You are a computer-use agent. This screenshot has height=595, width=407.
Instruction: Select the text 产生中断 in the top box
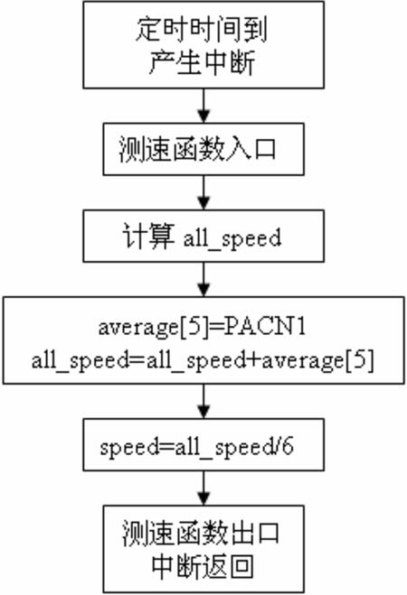(202, 62)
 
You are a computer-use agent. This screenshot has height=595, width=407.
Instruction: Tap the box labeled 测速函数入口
(203, 149)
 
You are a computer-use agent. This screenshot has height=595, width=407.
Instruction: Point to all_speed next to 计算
(232, 238)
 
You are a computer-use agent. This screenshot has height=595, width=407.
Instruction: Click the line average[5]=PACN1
(202, 327)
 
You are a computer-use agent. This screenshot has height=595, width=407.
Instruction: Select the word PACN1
(264, 326)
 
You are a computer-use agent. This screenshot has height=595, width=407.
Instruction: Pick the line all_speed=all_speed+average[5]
(203, 360)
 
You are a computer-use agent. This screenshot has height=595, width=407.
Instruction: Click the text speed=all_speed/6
(196, 447)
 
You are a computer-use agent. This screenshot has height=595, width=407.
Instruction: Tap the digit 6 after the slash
(288, 446)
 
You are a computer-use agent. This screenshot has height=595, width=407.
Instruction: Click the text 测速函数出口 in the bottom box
(201, 534)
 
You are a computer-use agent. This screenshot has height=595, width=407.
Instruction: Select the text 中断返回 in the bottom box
(203, 567)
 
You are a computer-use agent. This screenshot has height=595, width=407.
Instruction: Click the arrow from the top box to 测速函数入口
(204, 106)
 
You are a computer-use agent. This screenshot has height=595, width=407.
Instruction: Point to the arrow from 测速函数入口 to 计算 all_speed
(204, 192)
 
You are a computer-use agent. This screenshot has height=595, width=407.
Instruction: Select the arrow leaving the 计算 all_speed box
(204, 279)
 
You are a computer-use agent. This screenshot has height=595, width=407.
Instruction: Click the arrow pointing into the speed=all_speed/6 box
(204, 402)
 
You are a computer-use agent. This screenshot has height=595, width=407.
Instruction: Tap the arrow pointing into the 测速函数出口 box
(204, 488)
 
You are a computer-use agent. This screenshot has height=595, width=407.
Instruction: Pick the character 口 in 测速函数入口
(265, 149)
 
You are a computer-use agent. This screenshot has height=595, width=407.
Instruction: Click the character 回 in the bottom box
(241, 567)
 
